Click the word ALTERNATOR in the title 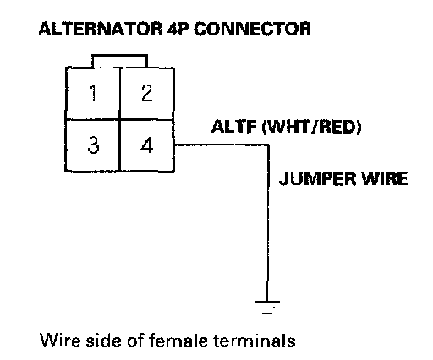pyautogui.click(x=100, y=29)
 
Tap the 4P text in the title pyautogui.click(x=178, y=29)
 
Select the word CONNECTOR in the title pyautogui.click(x=252, y=29)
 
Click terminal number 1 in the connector pyautogui.click(x=93, y=93)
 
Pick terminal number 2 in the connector pyautogui.click(x=147, y=93)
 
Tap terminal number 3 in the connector pyautogui.click(x=93, y=145)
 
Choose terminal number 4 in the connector pyautogui.click(x=146, y=145)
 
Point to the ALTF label pyautogui.click(x=234, y=127)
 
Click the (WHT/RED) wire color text pyautogui.click(x=311, y=128)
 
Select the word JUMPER pyautogui.click(x=318, y=178)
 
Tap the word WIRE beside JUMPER pyautogui.click(x=385, y=178)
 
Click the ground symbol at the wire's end pyautogui.click(x=267, y=308)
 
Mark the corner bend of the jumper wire pyautogui.click(x=268, y=145)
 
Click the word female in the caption pyautogui.click(x=178, y=341)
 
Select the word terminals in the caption pyautogui.click(x=255, y=341)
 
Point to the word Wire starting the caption pyautogui.click(x=60, y=341)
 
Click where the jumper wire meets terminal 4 pyautogui.click(x=175, y=145)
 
